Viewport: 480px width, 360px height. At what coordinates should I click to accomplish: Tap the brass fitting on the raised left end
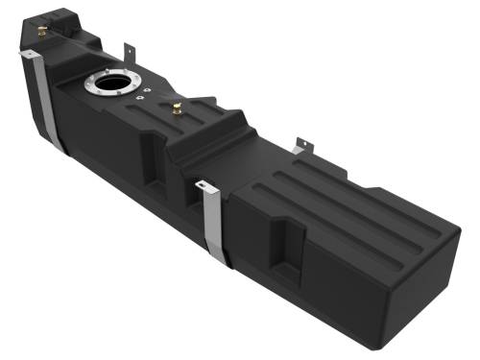(42, 33)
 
